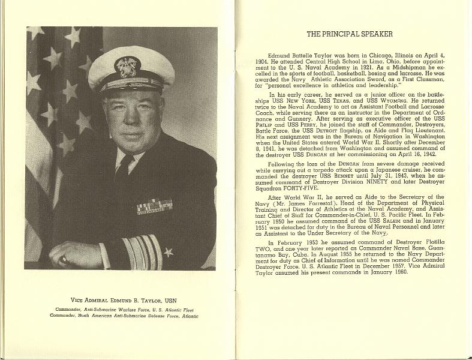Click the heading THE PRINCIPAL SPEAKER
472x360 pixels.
pos(350,34)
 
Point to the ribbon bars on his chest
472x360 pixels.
pos(155,206)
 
